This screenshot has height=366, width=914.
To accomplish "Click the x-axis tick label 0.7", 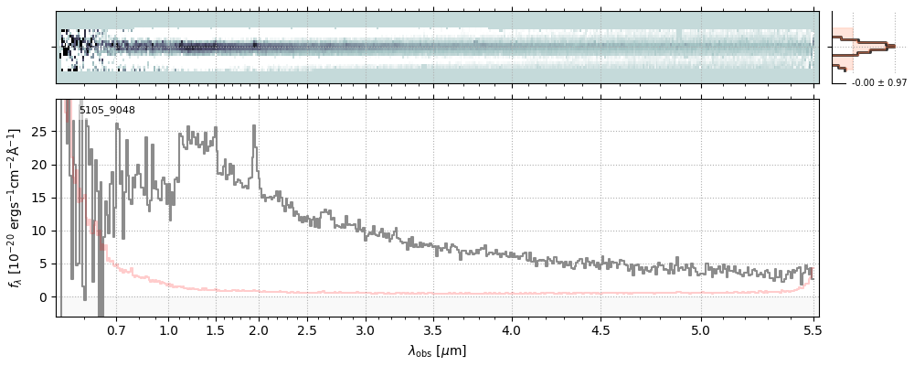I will click(116, 329).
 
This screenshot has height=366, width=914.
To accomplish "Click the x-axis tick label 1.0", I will click(167, 329).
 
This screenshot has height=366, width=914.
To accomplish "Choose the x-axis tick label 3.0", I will click(366, 329).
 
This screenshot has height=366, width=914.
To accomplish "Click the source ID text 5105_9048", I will click(107, 111).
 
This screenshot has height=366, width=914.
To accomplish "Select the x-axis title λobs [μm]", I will click(437, 350).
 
